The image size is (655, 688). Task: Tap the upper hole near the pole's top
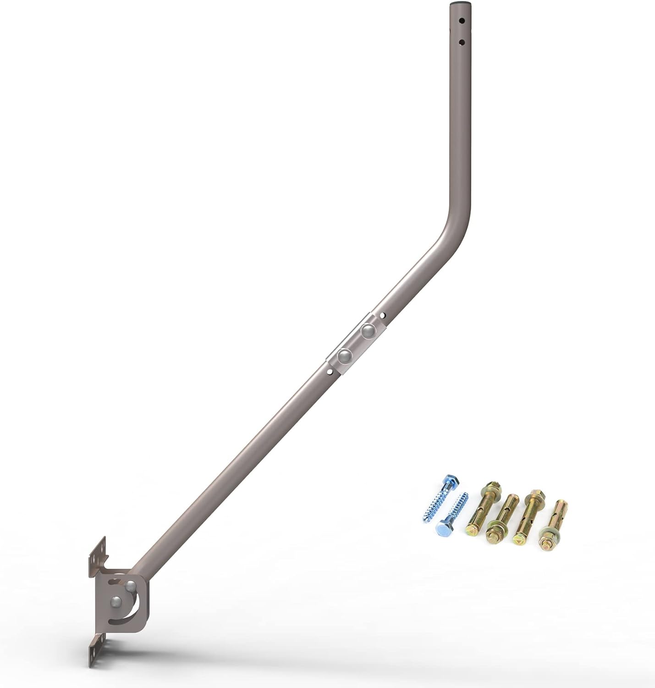tap(462, 21)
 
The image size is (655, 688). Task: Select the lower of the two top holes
tap(462, 43)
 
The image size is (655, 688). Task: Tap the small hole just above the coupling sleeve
tap(382, 315)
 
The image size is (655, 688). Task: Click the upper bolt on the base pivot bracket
tap(130, 586)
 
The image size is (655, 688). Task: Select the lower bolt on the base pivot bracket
tap(116, 602)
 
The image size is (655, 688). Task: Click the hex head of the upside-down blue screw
tap(444, 529)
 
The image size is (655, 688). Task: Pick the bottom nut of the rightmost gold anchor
tap(546, 544)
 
